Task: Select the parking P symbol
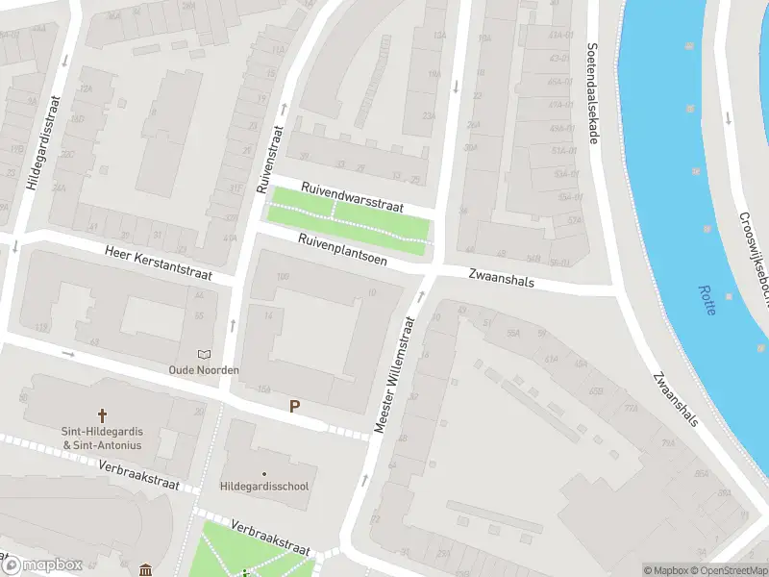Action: (295, 407)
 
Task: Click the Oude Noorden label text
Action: (203, 370)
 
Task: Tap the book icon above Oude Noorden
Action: (203, 355)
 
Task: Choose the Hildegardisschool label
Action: (264, 487)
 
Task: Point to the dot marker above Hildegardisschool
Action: (264, 473)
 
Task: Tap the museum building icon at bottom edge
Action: (145, 570)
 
